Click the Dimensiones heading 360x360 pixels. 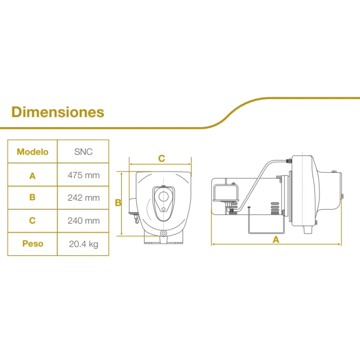(58, 112)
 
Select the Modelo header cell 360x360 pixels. (32, 152)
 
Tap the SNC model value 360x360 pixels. (83, 152)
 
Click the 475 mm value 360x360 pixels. (84, 175)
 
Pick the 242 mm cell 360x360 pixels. (84, 198)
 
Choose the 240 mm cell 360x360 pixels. (84, 220)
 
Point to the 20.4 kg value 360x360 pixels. (84, 244)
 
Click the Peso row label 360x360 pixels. (32, 243)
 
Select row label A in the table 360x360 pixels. (32, 176)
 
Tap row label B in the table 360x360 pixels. (32, 197)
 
